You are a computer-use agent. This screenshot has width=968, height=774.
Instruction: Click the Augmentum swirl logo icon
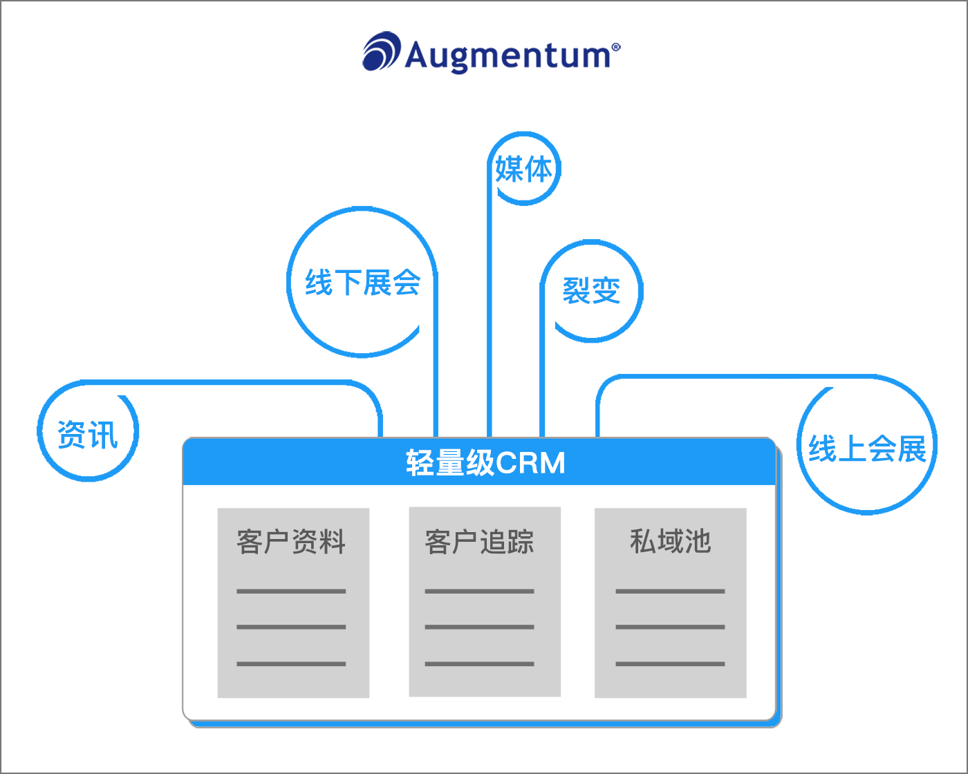(x=382, y=52)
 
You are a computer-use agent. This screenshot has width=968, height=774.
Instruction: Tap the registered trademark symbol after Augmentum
(x=615, y=47)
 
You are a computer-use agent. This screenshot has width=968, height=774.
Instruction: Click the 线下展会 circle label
(x=362, y=283)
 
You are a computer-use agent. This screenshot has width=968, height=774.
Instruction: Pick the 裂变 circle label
(x=591, y=291)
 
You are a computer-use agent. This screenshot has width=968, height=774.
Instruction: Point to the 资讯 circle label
(x=88, y=435)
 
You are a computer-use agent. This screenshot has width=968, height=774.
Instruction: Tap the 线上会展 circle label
(x=867, y=449)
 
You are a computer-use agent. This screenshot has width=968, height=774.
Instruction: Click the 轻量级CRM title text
(x=485, y=463)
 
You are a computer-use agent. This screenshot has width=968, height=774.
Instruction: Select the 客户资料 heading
(x=291, y=542)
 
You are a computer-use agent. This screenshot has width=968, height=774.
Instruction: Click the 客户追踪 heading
(x=479, y=542)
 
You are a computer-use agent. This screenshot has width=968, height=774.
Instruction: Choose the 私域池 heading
(x=670, y=541)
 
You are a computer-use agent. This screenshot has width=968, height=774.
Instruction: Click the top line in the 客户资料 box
(x=291, y=592)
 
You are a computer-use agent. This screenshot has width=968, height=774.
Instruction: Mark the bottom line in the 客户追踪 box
(x=479, y=664)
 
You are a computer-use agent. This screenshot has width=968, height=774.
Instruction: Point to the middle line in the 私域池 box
(x=670, y=627)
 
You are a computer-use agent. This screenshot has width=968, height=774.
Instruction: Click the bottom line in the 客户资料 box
(x=291, y=664)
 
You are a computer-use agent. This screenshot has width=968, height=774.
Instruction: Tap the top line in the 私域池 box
(x=670, y=592)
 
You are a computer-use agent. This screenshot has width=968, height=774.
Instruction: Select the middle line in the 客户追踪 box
(x=479, y=627)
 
